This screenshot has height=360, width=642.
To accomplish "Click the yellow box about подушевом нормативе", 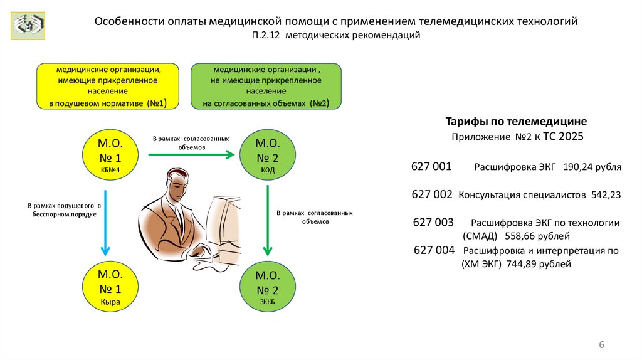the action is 108,87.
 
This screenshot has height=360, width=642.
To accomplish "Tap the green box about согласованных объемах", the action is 266,87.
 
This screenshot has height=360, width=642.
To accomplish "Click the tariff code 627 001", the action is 431,167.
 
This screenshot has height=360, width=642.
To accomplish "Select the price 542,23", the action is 606,194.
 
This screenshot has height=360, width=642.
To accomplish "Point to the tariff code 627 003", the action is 433,223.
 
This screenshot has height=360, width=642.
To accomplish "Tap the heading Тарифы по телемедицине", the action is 515,120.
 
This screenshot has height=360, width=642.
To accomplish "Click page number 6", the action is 602,345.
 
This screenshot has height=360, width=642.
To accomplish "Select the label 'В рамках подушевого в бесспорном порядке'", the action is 63,209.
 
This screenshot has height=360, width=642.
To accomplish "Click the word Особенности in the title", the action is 129,21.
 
